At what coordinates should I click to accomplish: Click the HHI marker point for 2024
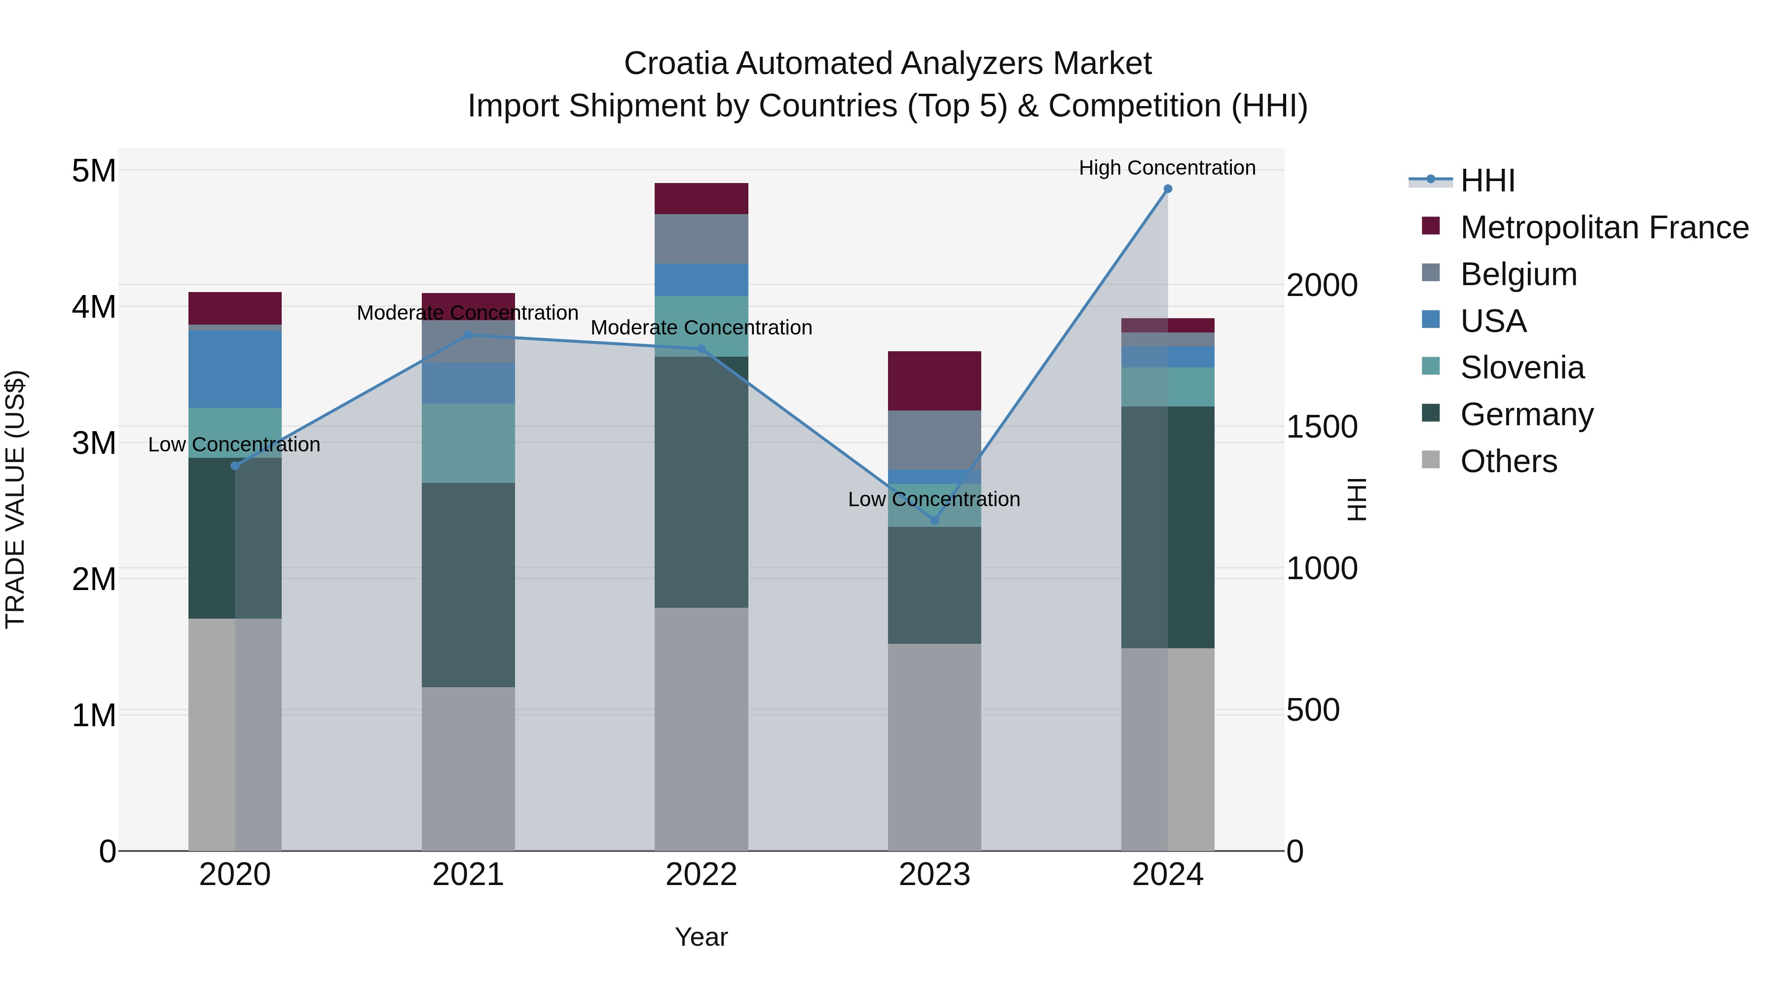click(x=1167, y=189)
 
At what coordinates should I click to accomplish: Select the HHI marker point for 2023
click(x=934, y=520)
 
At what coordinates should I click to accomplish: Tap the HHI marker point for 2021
click(x=468, y=335)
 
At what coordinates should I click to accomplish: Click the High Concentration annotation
click(x=1167, y=168)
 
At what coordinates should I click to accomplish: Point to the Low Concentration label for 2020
click(x=234, y=444)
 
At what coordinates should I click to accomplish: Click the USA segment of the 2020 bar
click(x=234, y=369)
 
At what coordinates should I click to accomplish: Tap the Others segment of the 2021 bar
click(x=468, y=768)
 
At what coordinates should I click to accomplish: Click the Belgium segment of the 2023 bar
click(x=934, y=440)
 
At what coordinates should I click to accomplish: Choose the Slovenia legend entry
click(x=1521, y=368)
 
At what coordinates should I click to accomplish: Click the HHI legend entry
click(x=1487, y=181)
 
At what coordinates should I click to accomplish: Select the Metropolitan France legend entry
click(x=1604, y=227)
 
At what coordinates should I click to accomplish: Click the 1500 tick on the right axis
click(x=1322, y=427)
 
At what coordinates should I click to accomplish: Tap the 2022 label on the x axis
click(x=701, y=875)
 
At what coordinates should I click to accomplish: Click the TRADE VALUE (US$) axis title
click(x=15, y=499)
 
